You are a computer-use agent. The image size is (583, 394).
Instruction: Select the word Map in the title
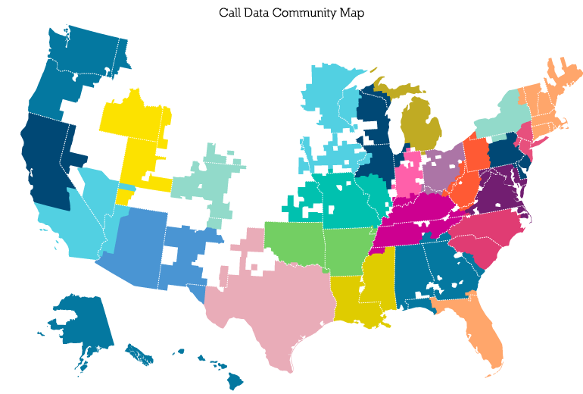(351, 13)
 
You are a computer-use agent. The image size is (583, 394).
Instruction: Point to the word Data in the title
(258, 13)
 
